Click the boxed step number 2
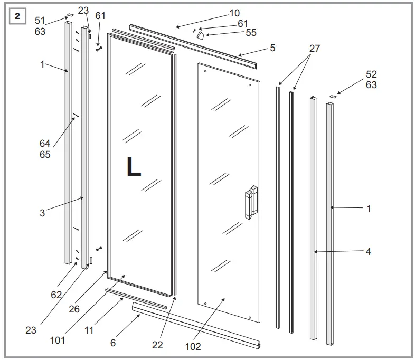coord(18,16)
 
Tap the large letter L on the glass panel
coord(134,167)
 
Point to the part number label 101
coord(58,340)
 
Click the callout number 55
coord(251,33)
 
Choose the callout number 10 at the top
coord(234,13)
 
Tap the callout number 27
coord(315,48)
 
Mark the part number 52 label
coord(371,74)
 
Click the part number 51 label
coord(40,21)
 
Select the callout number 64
coord(45,144)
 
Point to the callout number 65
coord(45,155)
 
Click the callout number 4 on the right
coord(368,252)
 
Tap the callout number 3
coord(42,213)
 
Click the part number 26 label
coord(74,309)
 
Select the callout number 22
coord(157,345)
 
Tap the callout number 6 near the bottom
coord(113,343)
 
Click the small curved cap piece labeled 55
coord(201,35)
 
